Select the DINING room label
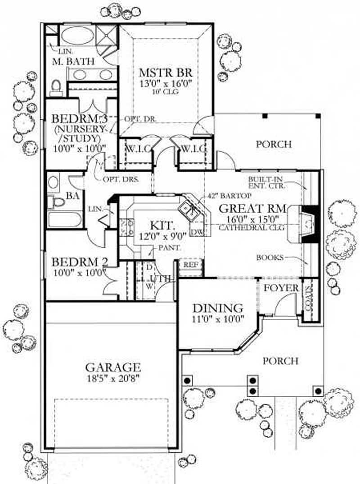(x=218, y=309)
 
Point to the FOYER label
(x=281, y=288)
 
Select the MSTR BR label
(x=166, y=72)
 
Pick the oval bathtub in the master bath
(x=75, y=36)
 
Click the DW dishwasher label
(x=197, y=232)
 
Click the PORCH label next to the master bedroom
(x=274, y=144)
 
